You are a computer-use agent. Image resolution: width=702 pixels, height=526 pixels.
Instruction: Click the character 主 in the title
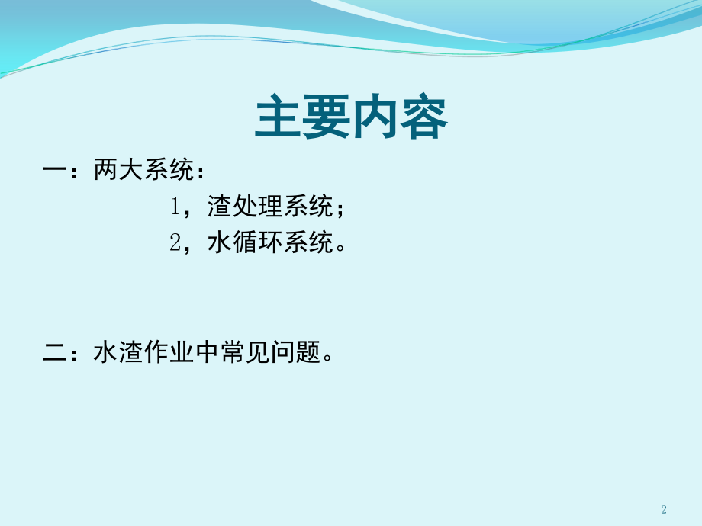point(279,117)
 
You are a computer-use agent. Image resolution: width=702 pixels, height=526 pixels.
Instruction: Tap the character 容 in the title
point(423,117)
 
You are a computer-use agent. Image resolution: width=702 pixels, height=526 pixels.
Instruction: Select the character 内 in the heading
point(375,117)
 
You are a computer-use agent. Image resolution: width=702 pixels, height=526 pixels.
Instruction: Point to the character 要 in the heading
point(327,117)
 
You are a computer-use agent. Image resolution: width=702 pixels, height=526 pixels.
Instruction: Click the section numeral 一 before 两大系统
point(55,169)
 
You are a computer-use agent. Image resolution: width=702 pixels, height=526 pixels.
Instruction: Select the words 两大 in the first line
point(118,169)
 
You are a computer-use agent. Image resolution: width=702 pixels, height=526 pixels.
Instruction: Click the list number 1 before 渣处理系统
point(175,207)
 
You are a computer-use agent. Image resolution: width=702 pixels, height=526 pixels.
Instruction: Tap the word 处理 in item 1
point(257,206)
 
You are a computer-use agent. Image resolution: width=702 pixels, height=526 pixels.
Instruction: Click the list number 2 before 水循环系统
point(175,243)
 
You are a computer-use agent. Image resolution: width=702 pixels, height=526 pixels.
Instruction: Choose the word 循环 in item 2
point(257,242)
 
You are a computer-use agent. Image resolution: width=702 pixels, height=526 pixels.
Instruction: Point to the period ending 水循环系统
point(341,247)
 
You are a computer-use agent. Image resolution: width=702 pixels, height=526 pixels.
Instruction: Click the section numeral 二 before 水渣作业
point(55,352)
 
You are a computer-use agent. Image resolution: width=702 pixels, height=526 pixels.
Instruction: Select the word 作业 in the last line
point(169,351)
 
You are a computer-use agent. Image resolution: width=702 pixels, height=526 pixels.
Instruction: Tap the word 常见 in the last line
point(244,351)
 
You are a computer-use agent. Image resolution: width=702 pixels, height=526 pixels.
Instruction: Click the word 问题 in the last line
point(295,351)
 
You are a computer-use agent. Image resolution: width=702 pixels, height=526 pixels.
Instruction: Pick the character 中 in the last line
point(207,351)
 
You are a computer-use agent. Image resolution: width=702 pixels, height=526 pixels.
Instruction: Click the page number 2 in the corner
point(664,509)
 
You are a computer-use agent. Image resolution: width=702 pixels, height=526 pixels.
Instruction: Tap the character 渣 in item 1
point(219,206)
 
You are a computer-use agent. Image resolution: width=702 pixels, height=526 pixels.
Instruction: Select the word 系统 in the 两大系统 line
point(169,169)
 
